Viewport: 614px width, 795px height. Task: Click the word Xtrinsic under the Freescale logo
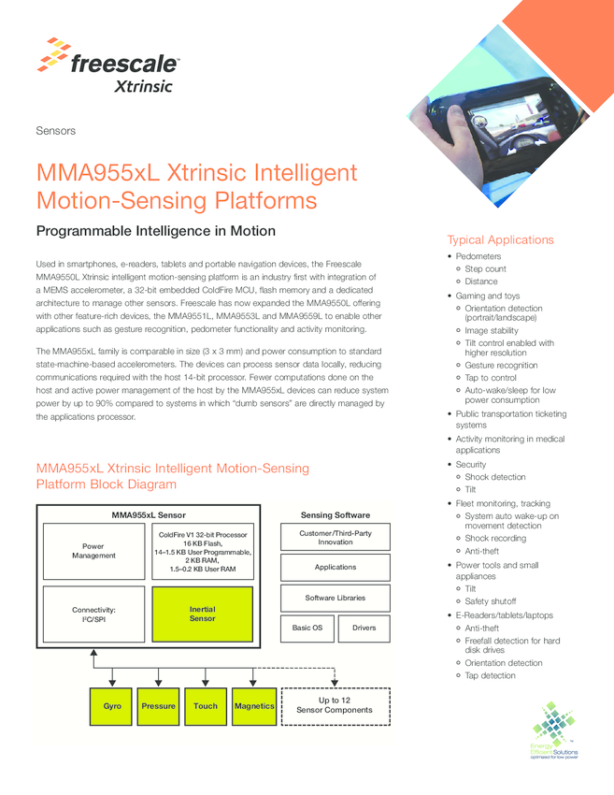coord(143,87)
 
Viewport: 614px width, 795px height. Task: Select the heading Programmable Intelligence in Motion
coord(155,231)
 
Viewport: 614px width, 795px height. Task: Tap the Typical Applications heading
coord(500,239)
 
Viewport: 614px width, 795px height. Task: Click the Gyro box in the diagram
coord(112,706)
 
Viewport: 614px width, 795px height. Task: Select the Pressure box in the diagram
coord(158,706)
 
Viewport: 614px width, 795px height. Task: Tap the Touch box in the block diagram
coord(206,706)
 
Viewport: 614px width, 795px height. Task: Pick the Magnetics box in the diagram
coord(254,706)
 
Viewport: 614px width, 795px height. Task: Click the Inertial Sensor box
coord(202,614)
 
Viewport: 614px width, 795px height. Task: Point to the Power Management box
coord(93,551)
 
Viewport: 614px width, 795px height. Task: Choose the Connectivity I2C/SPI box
coord(93,614)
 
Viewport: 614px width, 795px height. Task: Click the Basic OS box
coord(307,628)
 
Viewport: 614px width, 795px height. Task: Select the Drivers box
coord(364,628)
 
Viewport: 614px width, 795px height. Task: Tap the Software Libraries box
coord(335,598)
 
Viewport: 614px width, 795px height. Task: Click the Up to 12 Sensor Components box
coord(335,705)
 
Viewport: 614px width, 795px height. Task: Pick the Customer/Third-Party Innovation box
coord(335,537)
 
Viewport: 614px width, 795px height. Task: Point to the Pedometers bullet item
coord(478,256)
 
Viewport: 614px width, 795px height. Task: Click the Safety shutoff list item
coord(490,601)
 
